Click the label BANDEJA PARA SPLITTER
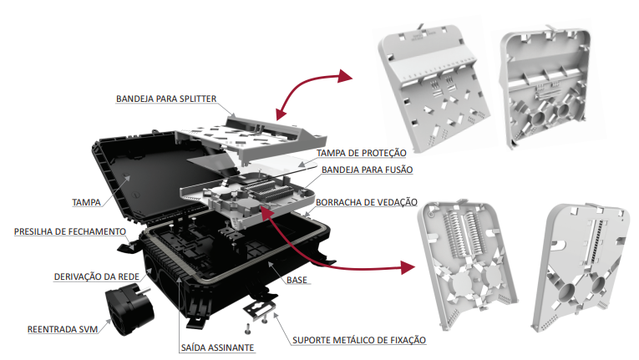point(166,99)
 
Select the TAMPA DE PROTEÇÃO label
point(361,154)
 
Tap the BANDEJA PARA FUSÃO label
point(367,170)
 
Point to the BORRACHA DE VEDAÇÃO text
point(362,202)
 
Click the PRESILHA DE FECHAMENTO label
point(69,231)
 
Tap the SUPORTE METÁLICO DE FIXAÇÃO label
point(359,340)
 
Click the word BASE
point(297,281)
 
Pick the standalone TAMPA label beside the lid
point(87,201)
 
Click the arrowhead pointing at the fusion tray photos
point(408,268)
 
